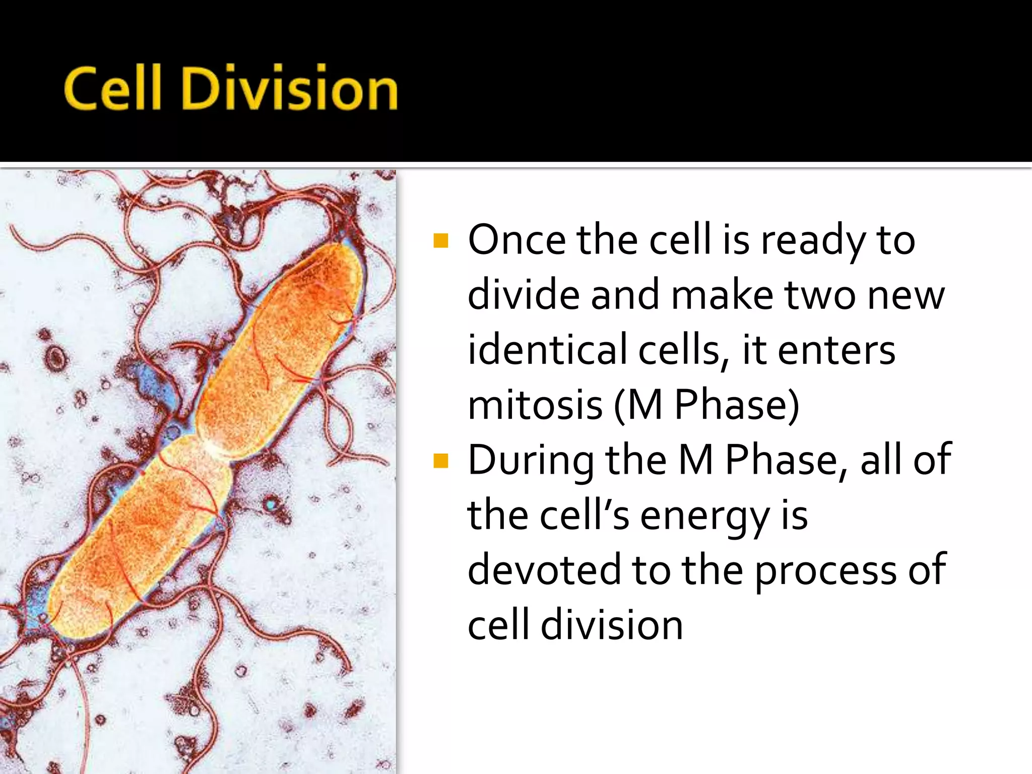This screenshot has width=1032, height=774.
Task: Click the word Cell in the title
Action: [112, 88]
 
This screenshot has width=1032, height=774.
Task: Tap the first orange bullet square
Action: [440, 241]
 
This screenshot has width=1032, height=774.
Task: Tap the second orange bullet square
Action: [440, 461]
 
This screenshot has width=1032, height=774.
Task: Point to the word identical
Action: [547, 350]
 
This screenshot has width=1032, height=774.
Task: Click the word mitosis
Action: [535, 405]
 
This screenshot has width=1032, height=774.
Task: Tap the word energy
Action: [704, 517]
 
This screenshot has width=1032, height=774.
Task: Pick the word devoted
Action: [544, 569]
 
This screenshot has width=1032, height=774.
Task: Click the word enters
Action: [836, 350]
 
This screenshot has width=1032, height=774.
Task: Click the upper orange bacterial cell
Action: [282, 348]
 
